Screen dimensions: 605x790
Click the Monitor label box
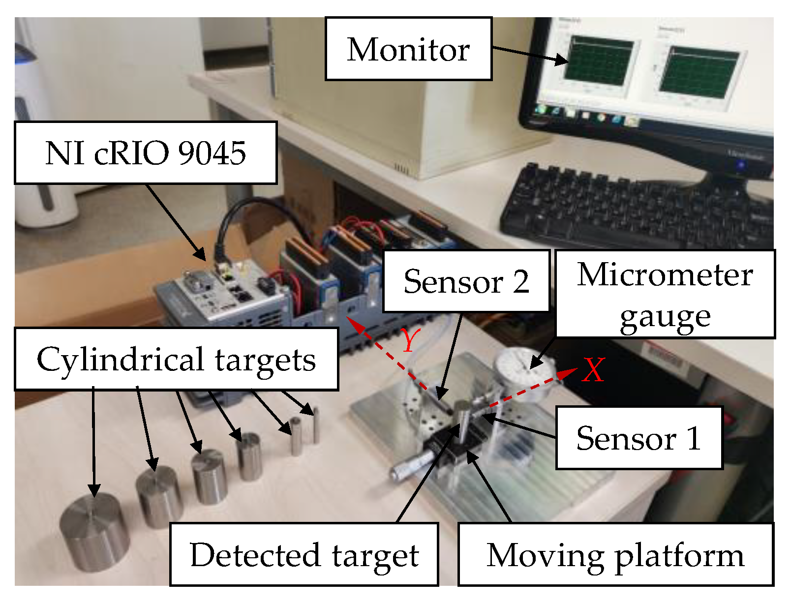click(408, 49)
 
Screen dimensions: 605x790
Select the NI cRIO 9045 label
click(146, 153)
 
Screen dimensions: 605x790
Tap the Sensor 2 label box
click(466, 281)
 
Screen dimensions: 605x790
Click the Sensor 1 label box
click(638, 438)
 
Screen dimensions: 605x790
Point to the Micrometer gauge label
click(665, 295)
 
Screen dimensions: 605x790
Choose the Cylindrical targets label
click(176, 360)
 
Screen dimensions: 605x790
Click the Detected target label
click(304, 555)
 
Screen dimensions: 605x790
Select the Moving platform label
click(615, 555)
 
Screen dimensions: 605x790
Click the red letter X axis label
click(593, 370)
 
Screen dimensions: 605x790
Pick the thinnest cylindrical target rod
click(316, 425)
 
